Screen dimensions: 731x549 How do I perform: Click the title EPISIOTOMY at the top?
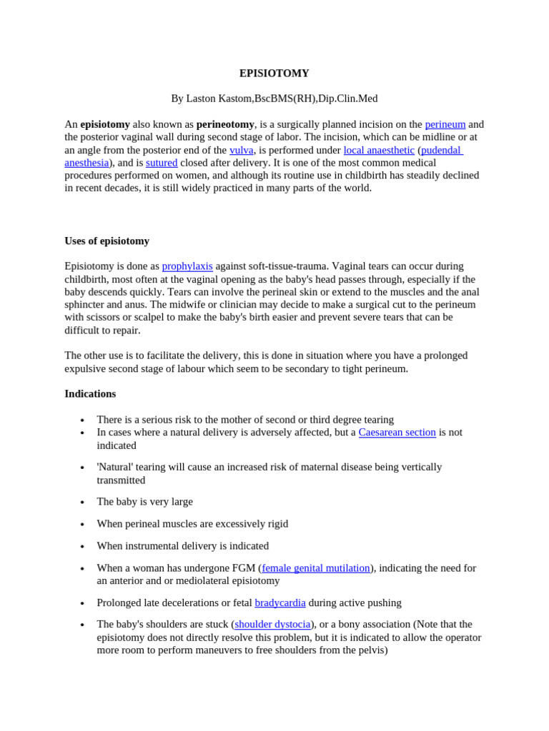click(274, 74)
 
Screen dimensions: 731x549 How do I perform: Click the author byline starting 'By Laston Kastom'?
click(274, 99)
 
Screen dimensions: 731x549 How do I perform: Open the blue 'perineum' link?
click(445, 124)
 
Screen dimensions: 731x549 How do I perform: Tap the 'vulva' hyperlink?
click(241, 150)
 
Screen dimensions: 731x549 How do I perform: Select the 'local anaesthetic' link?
click(379, 150)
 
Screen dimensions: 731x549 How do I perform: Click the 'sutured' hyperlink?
click(162, 163)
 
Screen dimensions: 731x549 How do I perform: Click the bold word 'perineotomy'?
click(225, 124)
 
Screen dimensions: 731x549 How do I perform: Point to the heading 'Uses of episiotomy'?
click(107, 241)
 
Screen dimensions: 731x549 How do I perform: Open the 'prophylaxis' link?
click(187, 266)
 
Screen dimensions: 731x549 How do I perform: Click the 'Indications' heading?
click(90, 393)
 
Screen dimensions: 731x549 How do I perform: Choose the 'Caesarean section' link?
click(397, 433)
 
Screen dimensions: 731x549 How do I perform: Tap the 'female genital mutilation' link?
click(316, 568)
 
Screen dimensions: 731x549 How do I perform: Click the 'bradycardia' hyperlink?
click(280, 603)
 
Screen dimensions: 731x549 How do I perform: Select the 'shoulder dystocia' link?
click(272, 624)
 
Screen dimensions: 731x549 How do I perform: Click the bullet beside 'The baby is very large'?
click(83, 503)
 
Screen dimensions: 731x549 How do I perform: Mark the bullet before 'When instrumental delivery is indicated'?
click(83, 547)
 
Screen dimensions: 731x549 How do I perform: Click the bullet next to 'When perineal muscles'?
click(83, 525)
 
